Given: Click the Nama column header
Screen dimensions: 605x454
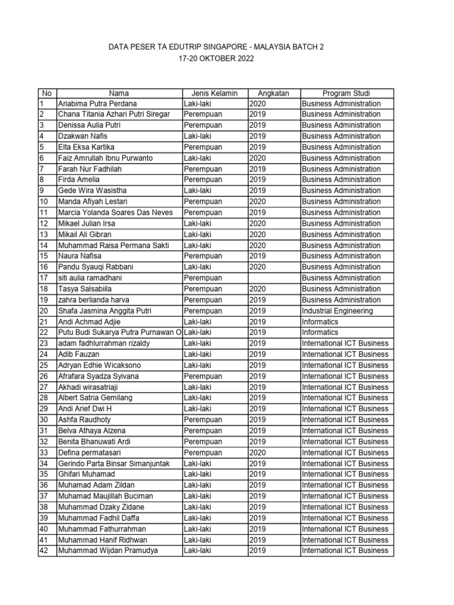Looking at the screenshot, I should coord(119,93).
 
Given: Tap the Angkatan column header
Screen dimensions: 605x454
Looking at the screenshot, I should coord(274,93).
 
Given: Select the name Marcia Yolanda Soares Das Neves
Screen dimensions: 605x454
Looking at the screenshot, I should coord(118,213).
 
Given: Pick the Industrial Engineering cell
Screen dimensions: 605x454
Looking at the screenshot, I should coord(337,311).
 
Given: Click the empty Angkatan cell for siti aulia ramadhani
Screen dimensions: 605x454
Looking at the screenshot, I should coord(274,278).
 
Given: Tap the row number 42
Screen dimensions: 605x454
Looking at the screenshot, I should coord(44,551).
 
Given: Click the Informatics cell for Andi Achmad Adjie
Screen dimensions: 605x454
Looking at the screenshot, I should coord(320,322).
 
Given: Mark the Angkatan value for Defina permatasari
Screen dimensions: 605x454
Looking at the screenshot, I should coord(257,453).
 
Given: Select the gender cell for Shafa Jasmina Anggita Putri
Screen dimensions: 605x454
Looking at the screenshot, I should coord(203,311).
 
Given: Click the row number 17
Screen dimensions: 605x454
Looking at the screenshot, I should coord(44,278).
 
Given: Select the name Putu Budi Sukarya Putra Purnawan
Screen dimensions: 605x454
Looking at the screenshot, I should coord(119,333).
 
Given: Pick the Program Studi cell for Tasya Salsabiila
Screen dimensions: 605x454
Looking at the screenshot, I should coord(341,289).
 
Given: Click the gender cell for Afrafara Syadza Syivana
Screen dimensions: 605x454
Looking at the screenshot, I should coord(203,376).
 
